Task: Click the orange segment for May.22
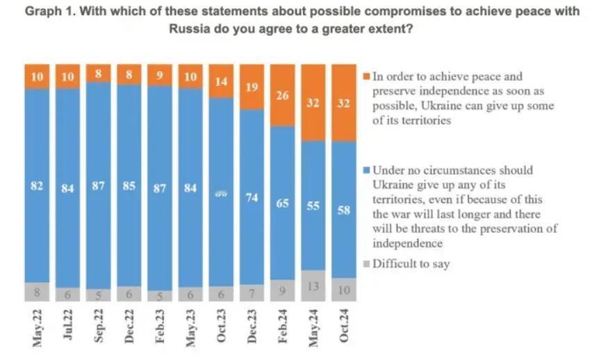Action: coord(38,76)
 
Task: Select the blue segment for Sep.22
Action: coord(99,186)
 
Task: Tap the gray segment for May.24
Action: coord(313,286)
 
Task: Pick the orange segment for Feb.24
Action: coord(283,95)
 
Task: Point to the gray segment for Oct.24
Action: coord(344,289)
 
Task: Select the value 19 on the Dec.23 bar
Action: coord(252,87)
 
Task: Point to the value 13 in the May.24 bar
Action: coord(313,285)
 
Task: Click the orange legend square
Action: coord(367,76)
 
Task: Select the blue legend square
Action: coord(367,170)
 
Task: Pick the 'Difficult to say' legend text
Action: coord(411,264)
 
